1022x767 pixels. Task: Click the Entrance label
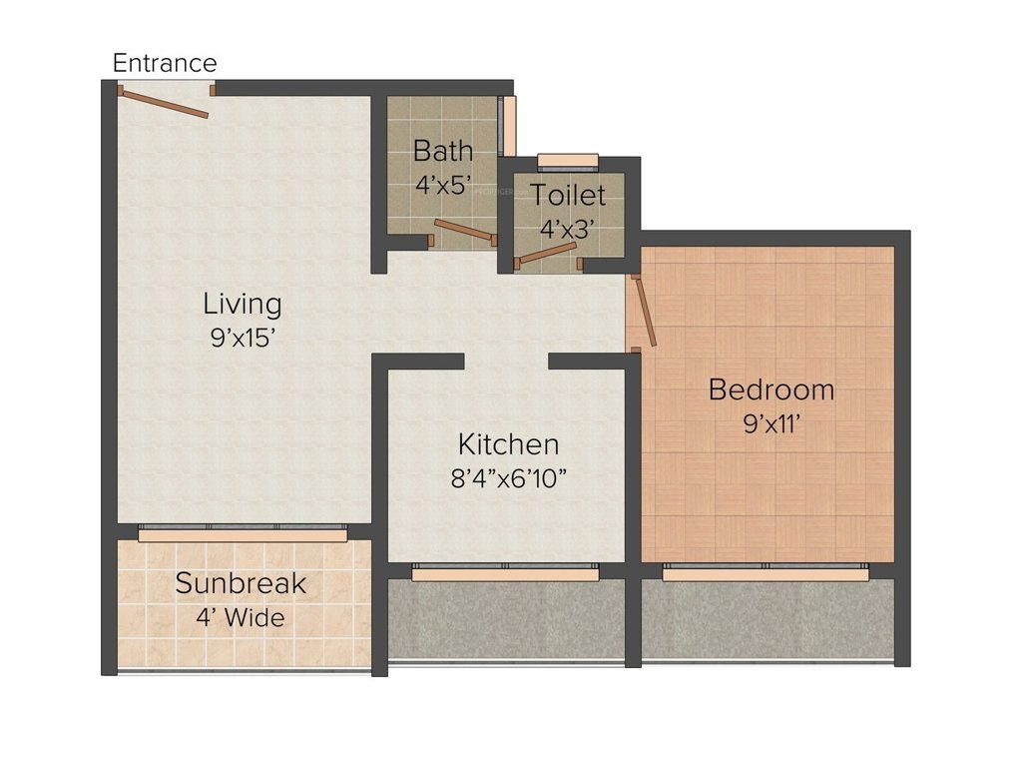coord(164,63)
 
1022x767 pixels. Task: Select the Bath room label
coord(443,151)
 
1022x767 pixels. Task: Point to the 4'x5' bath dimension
coord(443,185)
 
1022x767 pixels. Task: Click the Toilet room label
coord(567,194)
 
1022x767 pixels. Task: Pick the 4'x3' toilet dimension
coord(567,228)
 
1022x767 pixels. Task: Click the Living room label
coord(243,303)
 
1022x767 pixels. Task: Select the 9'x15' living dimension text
coord(243,338)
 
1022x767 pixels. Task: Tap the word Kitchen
coord(508,443)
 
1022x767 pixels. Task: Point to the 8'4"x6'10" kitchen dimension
coord(508,478)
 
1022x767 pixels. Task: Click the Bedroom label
coord(770,389)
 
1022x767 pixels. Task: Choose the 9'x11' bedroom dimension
coord(770,423)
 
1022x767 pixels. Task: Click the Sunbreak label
coord(241,583)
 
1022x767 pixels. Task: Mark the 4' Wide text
coord(241,617)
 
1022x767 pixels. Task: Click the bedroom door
coord(646,312)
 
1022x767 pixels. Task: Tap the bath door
coord(465,231)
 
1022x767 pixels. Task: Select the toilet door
coord(547,252)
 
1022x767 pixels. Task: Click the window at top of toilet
coord(567,160)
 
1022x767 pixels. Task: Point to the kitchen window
coord(505,572)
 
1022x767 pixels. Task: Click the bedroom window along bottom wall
coord(765,572)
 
